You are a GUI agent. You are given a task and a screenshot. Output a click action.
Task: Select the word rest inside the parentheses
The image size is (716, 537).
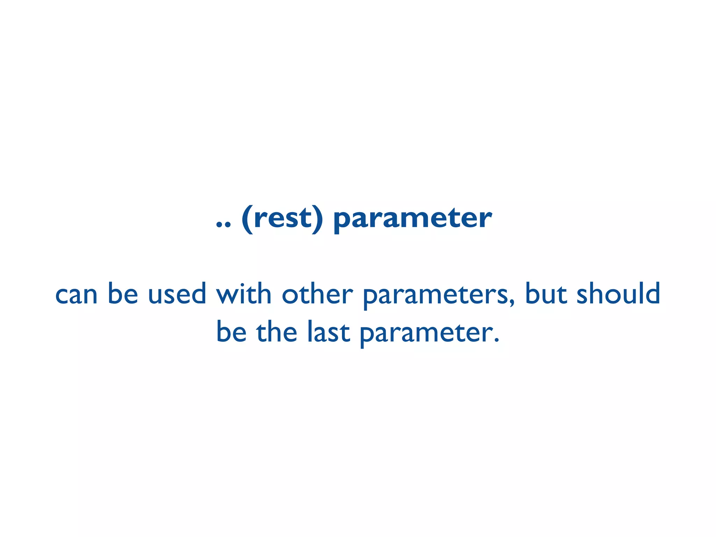(x=282, y=219)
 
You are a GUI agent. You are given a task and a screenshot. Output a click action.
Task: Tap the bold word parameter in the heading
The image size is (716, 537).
(x=413, y=220)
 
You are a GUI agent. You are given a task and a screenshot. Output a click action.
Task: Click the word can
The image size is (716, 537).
(x=76, y=295)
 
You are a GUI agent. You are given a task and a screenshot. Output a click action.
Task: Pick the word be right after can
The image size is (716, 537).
(x=123, y=293)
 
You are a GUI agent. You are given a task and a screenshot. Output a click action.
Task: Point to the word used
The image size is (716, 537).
(x=177, y=293)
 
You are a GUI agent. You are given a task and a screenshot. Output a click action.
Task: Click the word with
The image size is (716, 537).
(x=244, y=293)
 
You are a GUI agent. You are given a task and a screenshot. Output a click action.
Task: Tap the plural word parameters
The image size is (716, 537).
(x=435, y=295)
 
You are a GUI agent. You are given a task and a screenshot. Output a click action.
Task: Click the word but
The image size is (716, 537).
(x=546, y=293)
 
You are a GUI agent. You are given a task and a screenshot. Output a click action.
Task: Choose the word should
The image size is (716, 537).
(x=618, y=293)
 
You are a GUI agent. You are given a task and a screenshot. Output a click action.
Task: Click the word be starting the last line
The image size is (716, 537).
(x=231, y=331)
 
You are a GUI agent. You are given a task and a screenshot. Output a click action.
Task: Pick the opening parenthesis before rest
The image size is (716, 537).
(x=247, y=220)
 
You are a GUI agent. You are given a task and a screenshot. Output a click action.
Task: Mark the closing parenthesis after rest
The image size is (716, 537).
(x=317, y=220)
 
